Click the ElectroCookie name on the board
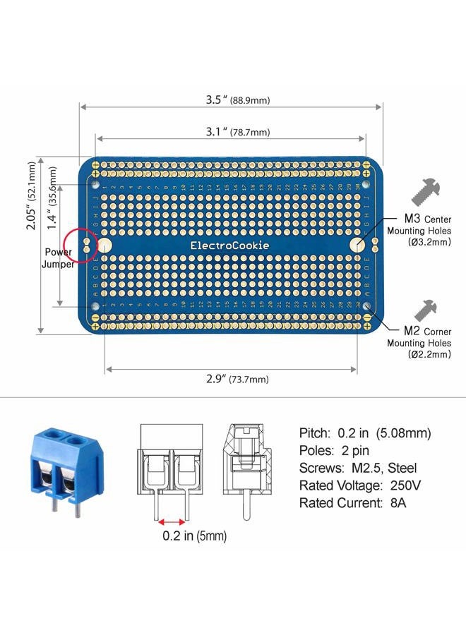click(x=229, y=246)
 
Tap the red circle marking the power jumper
click(x=79, y=245)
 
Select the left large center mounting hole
click(x=105, y=246)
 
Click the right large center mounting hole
click(x=357, y=245)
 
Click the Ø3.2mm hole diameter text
click(x=429, y=242)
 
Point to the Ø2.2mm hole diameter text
click(x=429, y=354)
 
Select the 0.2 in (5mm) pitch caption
click(x=193, y=536)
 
